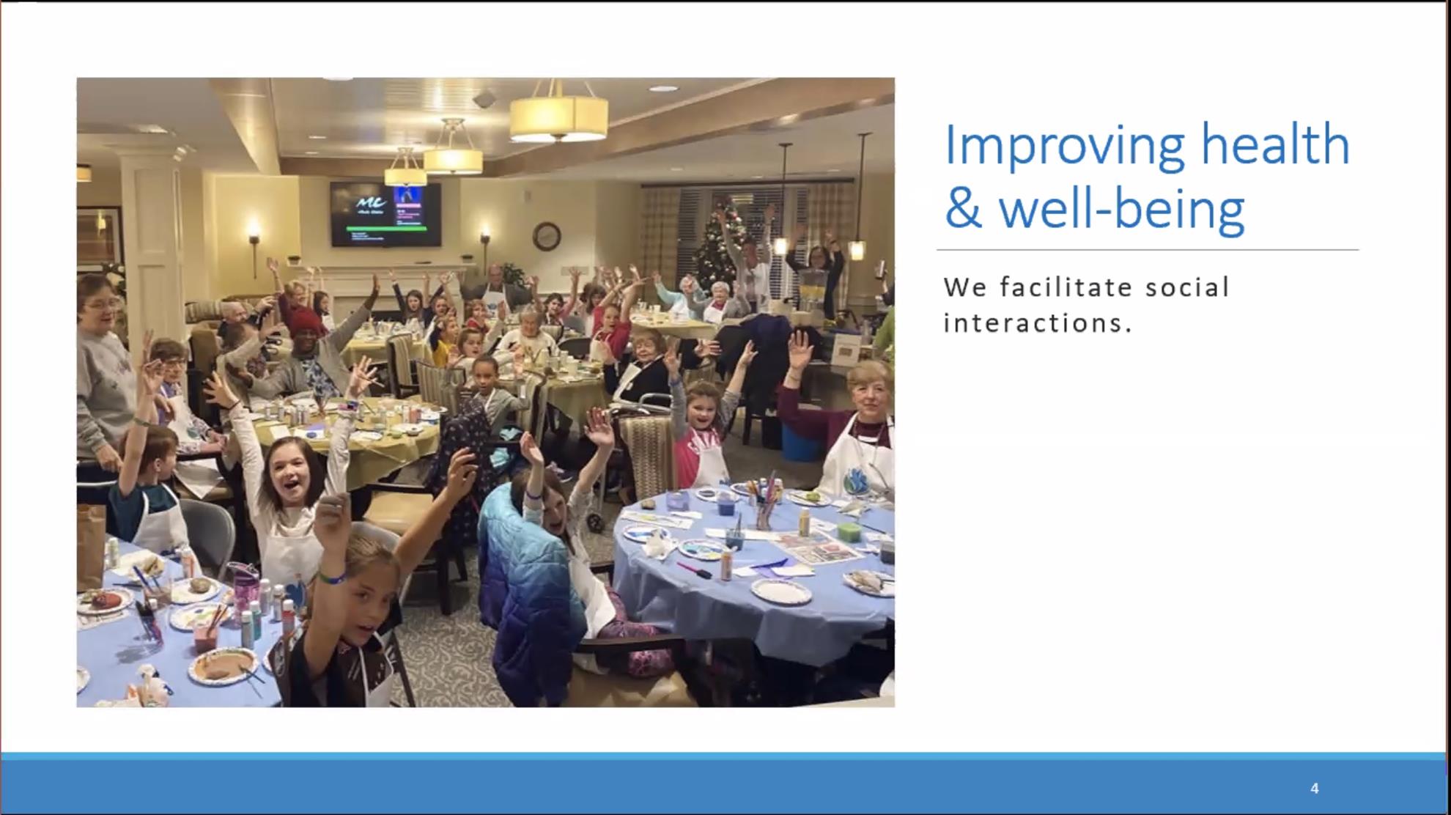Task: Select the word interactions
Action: pos(1038,322)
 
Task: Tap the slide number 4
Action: pos(1314,788)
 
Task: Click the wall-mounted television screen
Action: pos(385,213)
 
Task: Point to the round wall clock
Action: pos(547,236)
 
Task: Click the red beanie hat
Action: pos(303,321)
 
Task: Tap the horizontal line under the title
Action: pos(1148,250)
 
